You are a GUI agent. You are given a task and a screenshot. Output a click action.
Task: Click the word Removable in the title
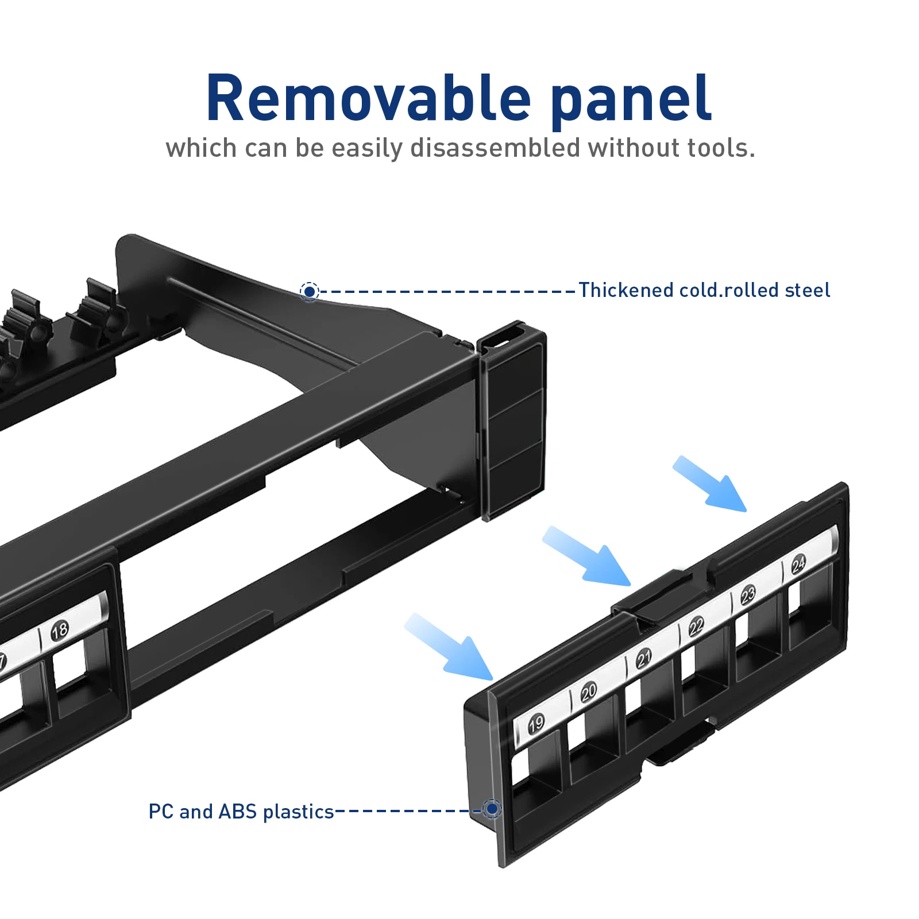(368, 99)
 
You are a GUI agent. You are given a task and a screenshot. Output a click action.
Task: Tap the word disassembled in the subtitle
(495, 148)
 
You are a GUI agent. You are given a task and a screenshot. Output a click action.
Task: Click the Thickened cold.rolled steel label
(704, 290)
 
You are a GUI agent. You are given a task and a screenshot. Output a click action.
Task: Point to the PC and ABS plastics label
(241, 812)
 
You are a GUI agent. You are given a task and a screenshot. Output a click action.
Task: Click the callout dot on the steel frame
(310, 292)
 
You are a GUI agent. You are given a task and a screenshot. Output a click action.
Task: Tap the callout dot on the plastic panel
(492, 809)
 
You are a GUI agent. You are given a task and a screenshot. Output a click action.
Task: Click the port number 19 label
(536, 723)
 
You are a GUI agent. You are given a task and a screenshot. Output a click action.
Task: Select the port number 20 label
(589, 692)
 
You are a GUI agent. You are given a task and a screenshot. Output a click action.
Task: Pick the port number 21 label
(644, 658)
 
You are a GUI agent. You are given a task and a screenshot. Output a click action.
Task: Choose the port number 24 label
(798, 565)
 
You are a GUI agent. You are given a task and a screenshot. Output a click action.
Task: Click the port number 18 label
(60, 631)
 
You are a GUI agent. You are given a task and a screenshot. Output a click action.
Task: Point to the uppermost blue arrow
(711, 485)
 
